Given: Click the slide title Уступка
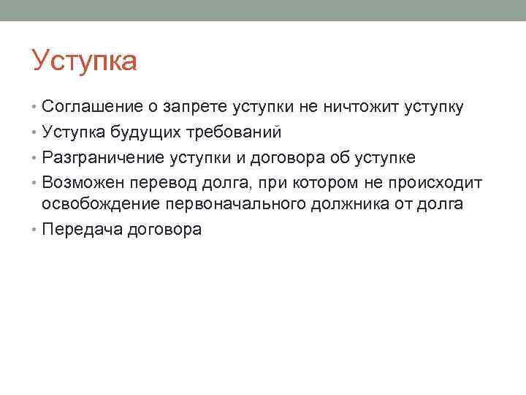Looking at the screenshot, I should point(84,61).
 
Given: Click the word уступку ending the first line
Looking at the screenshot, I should point(429,108).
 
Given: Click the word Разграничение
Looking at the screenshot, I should point(103,157).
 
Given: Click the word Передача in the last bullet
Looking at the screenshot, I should point(82,229).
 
